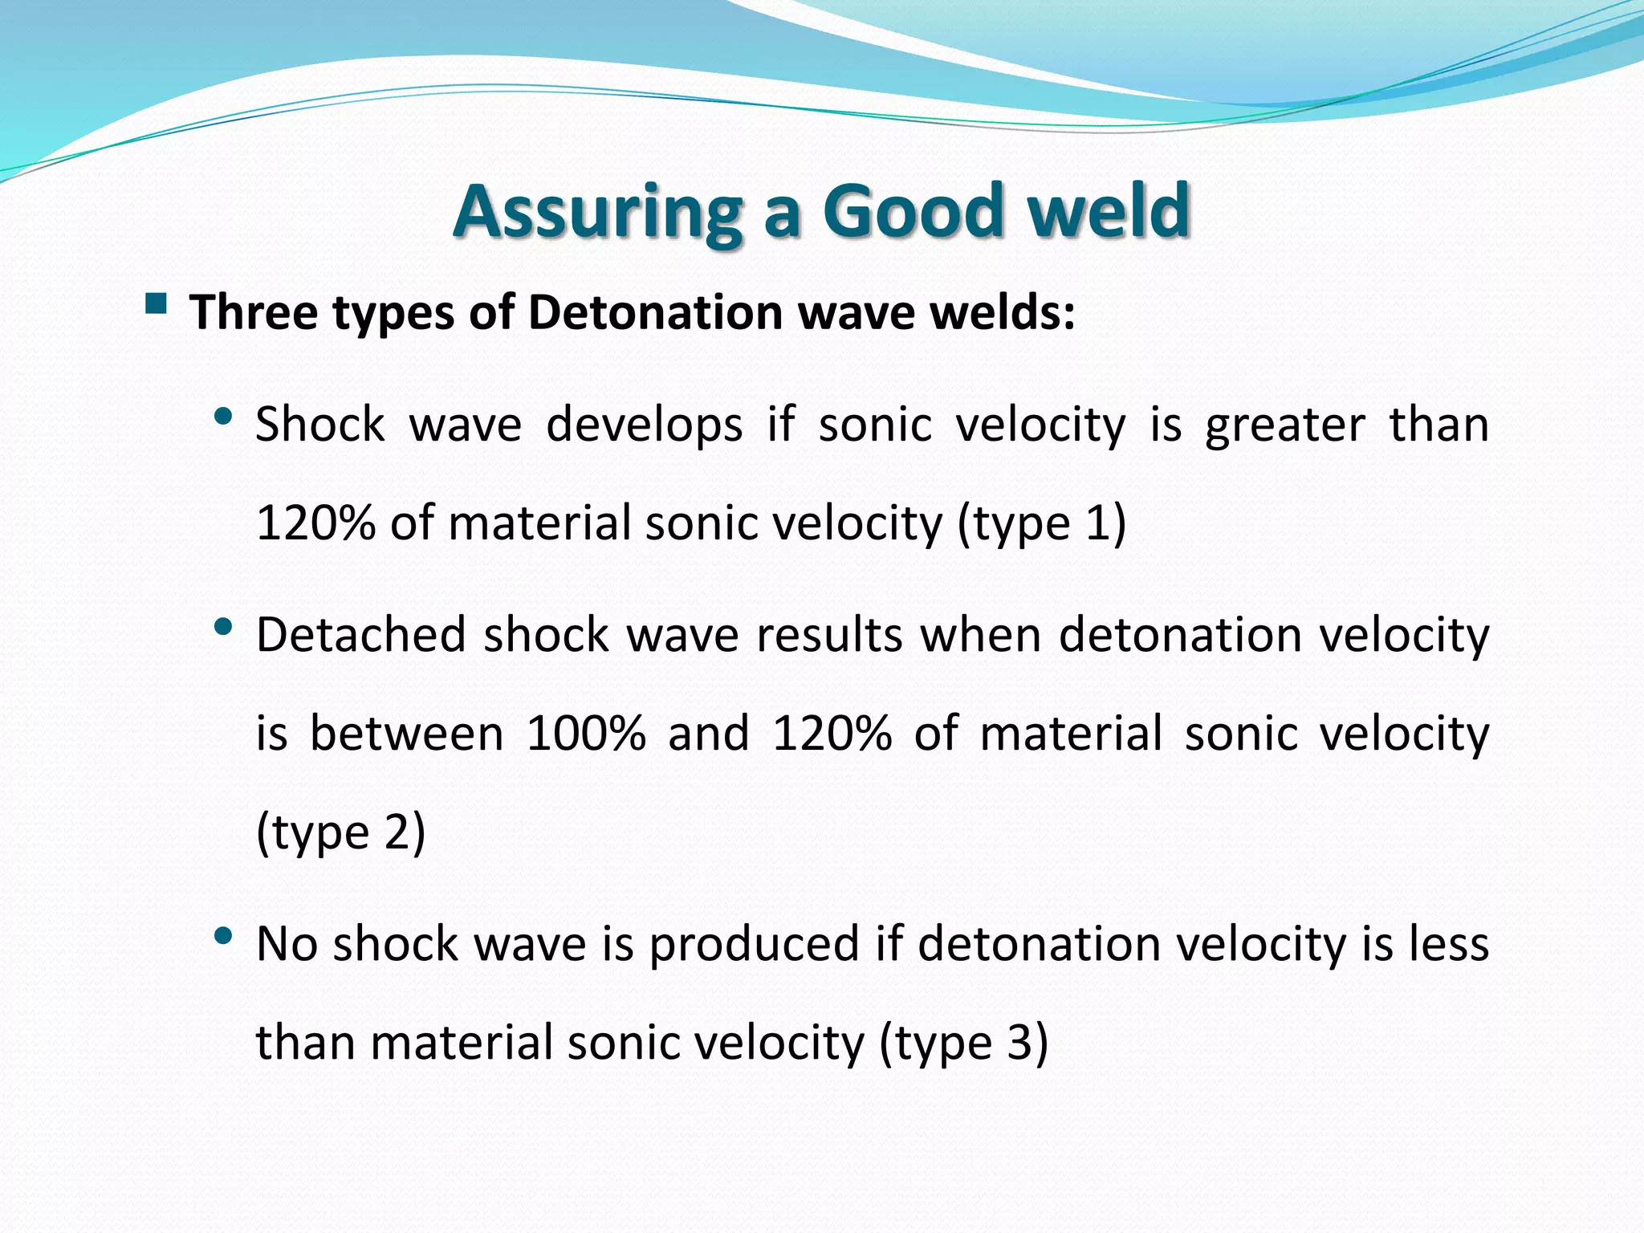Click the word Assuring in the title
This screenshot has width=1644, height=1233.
[x=597, y=212]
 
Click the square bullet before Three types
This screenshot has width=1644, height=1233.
[x=156, y=304]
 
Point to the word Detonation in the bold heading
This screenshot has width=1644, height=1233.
[x=655, y=312]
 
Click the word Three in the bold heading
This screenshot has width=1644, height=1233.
[x=254, y=312]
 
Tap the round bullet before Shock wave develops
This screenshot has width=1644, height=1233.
[x=224, y=417]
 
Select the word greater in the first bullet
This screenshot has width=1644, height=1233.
[x=1284, y=425]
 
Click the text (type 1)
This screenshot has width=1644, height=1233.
[x=1042, y=523]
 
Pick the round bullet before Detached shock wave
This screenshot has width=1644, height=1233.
[x=224, y=626]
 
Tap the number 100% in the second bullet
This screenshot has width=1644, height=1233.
[x=586, y=733]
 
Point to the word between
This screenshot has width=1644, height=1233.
[x=406, y=733]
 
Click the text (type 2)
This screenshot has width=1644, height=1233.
[x=340, y=832]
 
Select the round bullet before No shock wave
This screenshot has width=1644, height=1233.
[x=224, y=935]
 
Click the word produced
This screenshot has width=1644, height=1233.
[x=755, y=945]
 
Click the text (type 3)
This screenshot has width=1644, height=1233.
[x=963, y=1043]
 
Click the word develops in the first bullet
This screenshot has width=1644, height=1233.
[x=644, y=425]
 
